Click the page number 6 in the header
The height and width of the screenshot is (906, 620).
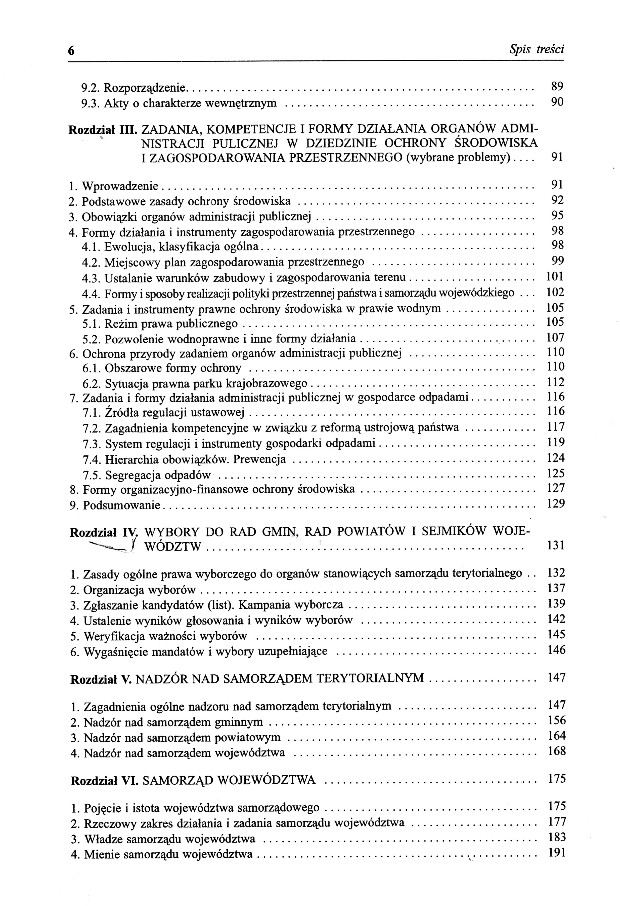coord(71,51)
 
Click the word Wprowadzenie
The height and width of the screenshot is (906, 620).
coord(120,186)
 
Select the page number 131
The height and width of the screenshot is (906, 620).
coord(556,545)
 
